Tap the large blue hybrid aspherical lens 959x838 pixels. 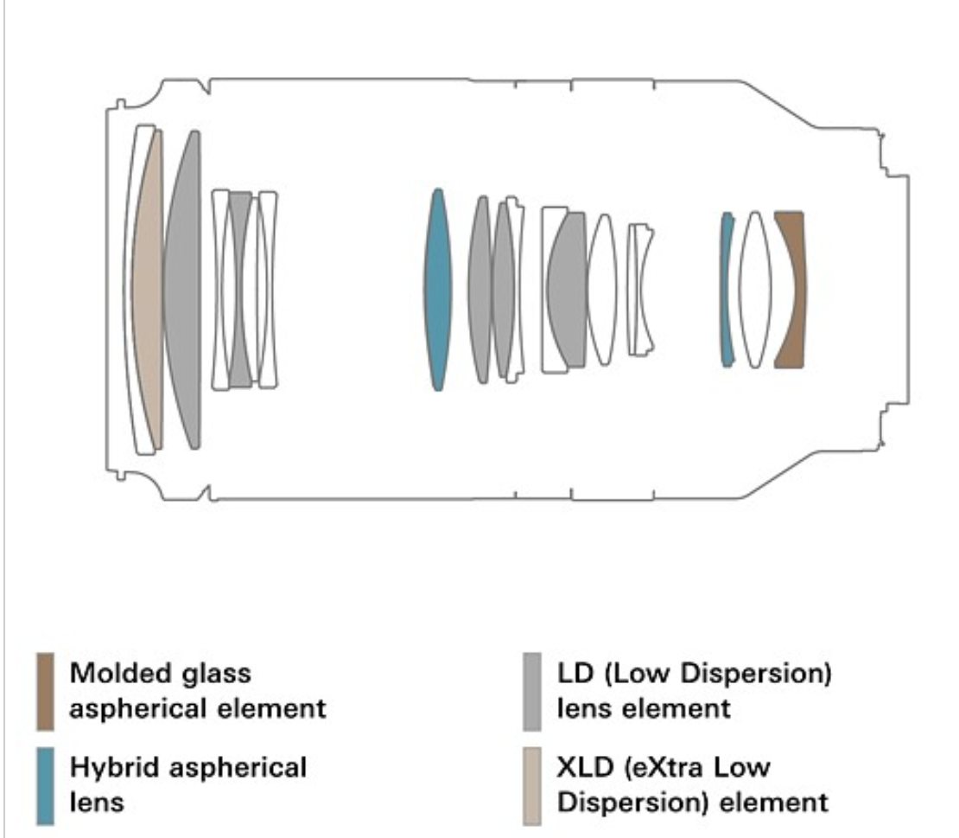coord(437,290)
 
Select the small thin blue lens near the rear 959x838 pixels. coord(727,290)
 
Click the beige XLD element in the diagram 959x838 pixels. coord(149,290)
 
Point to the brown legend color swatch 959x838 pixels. coord(45,692)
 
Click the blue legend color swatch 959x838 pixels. coord(45,786)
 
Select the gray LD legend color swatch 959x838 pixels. coord(532,692)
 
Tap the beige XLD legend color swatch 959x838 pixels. coord(532,786)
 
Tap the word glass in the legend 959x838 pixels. coord(220,675)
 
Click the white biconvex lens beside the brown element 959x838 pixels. coord(755,290)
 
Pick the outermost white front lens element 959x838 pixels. coord(139,290)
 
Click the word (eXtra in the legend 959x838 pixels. coord(664,768)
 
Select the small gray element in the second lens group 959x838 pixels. coord(240,290)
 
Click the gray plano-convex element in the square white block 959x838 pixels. coord(567,290)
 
